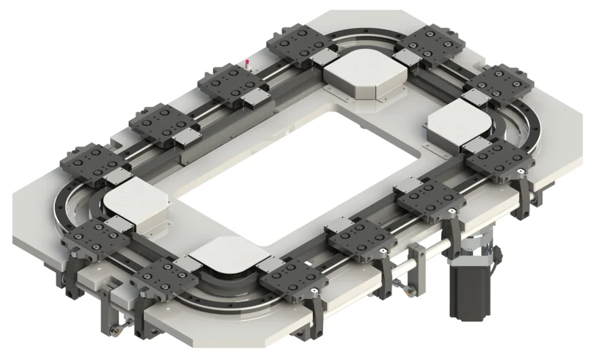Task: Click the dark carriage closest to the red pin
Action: [227, 84]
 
